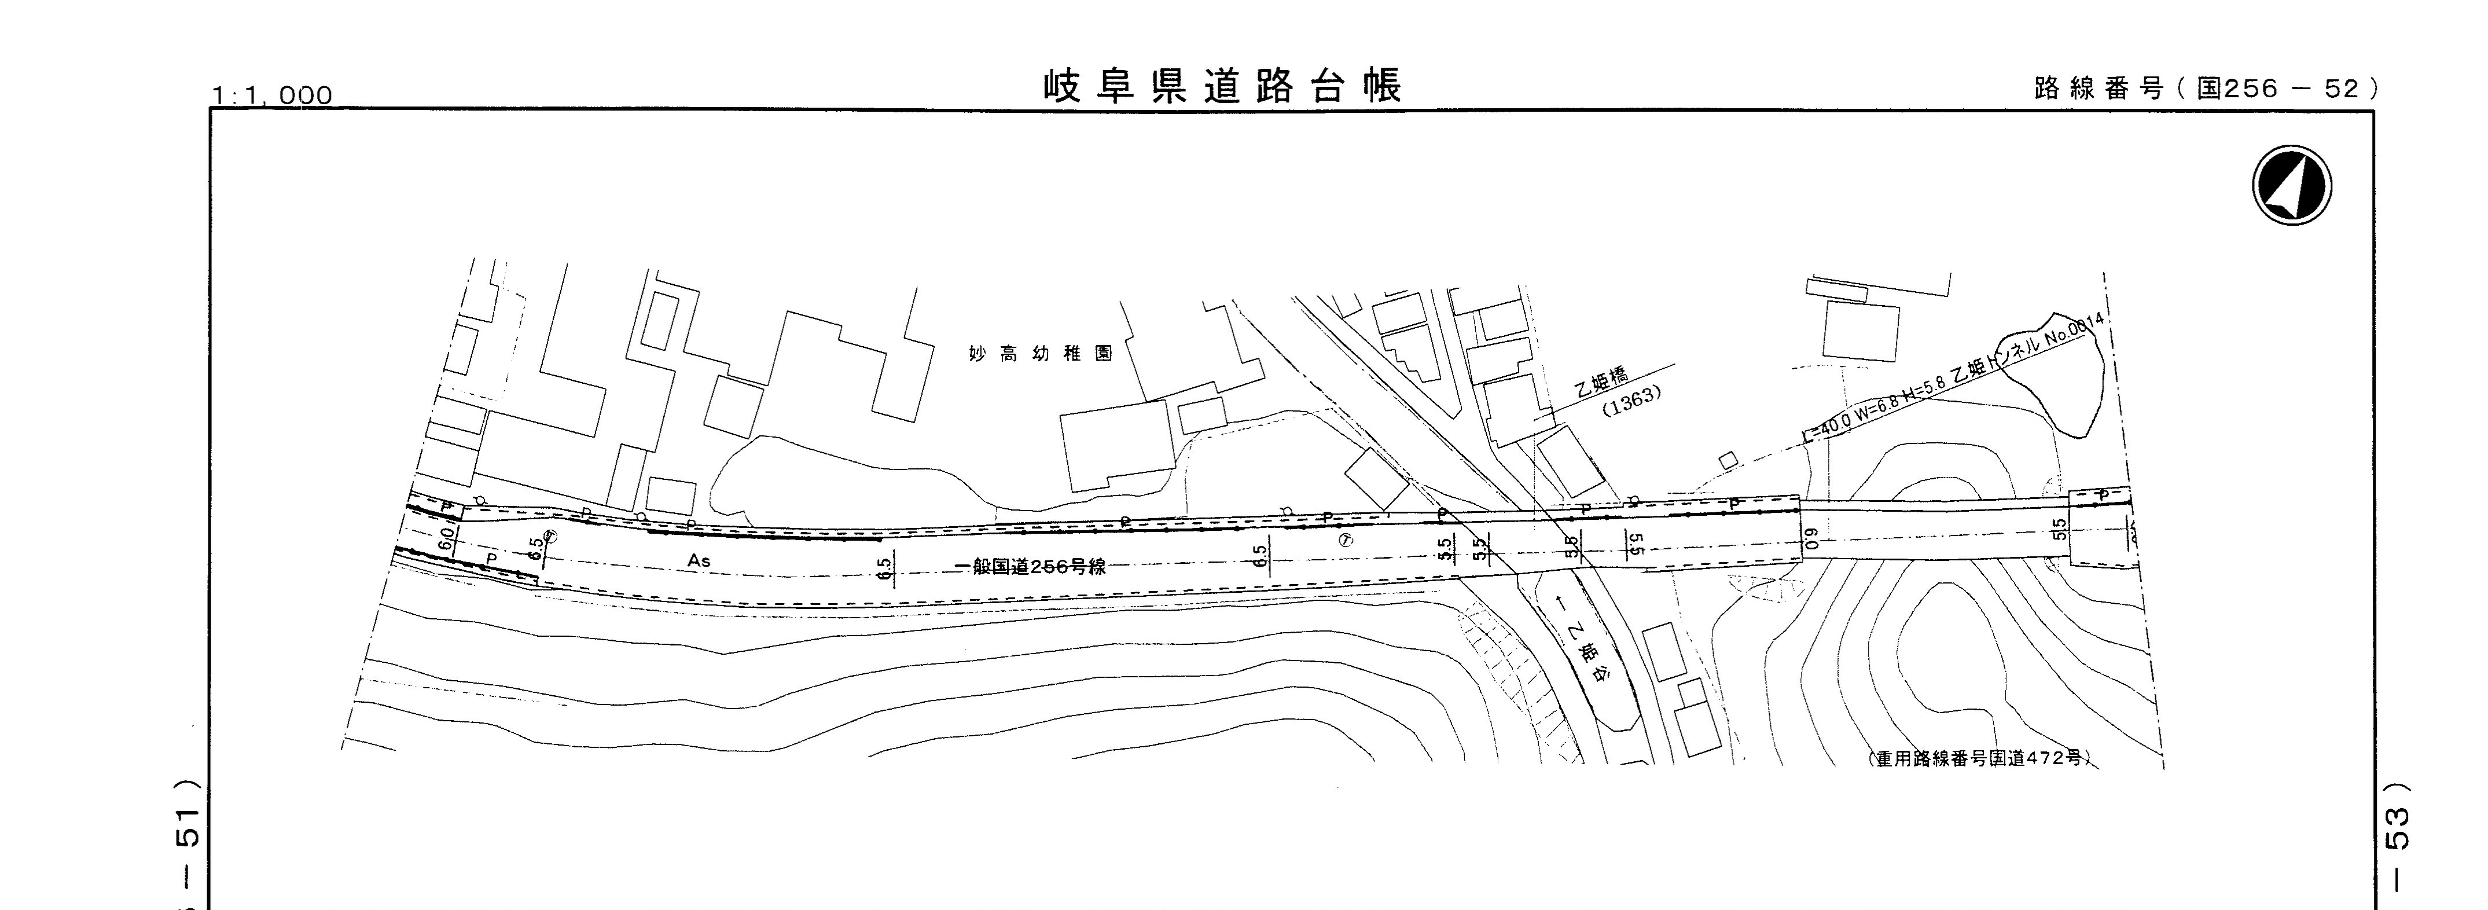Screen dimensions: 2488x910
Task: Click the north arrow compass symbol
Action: [x=2291, y=185]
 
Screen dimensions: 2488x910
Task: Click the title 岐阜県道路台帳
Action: [x=1222, y=87]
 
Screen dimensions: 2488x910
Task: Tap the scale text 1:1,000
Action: [x=273, y=96]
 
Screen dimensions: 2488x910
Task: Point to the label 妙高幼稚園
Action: [x=1041, y=354]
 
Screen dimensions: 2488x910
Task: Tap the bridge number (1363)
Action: [x=1631, y=401]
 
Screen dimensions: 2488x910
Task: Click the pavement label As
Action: [x=699, y=560]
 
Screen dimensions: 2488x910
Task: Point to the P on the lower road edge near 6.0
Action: [x=491, y=559]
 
